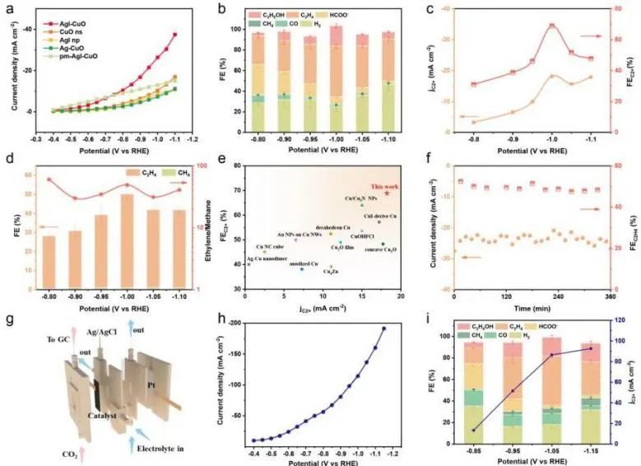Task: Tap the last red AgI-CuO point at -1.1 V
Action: (174, 35)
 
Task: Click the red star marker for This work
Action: (387, 193)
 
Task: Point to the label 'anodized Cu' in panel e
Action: (298, 263)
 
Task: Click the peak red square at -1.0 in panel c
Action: (551, 26)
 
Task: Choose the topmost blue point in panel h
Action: (383, 329)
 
